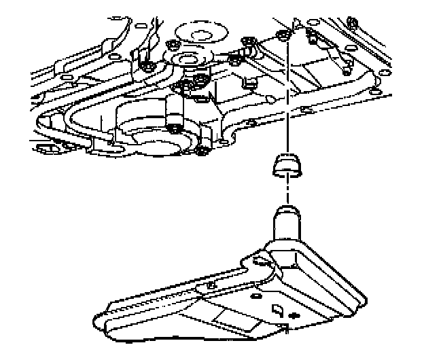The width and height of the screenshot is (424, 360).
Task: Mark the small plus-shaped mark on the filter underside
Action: click(293, 316)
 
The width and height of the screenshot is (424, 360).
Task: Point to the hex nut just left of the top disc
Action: click(172, 47)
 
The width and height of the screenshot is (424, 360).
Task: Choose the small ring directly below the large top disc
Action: click(188, 62)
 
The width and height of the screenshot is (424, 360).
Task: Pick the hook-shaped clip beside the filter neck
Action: click(258, 260)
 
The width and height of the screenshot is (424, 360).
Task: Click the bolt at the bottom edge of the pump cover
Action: click(201, 149)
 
